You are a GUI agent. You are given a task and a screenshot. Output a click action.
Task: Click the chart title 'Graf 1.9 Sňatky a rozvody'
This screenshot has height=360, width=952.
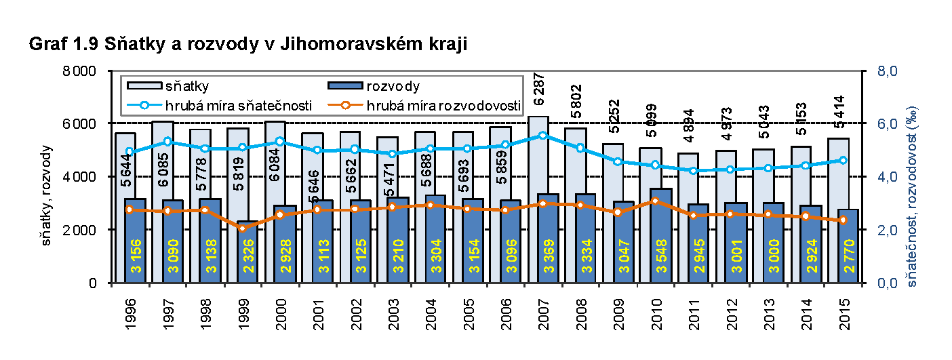248,45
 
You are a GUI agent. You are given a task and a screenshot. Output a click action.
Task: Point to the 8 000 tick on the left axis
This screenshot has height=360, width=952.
85,71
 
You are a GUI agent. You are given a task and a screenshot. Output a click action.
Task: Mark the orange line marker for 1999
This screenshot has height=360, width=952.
242,228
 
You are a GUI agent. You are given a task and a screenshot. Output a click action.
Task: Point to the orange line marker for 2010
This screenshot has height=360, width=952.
655,201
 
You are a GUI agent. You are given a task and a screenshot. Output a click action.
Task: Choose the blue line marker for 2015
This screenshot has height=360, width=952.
843,160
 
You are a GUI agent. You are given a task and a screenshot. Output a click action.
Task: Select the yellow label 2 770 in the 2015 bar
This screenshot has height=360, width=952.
847,257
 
